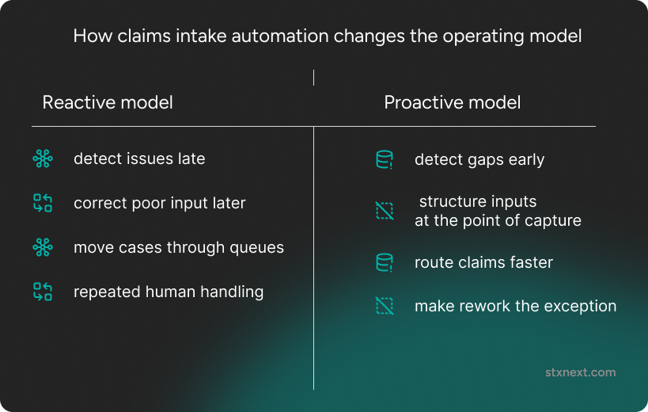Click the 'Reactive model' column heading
coord(108,102)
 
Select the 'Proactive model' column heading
coord(452,102)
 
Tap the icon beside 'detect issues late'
coord(43,159)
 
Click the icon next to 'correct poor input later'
coord(43,204)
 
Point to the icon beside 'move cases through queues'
coord(43,248)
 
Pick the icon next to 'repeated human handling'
coord(43,292)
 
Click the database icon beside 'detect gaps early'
coord(384,160)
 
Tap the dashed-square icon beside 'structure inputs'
coord(384,211)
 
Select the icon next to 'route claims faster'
coord(384,262)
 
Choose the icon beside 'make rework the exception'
coord(384,306)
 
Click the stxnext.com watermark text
coord(580,372)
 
